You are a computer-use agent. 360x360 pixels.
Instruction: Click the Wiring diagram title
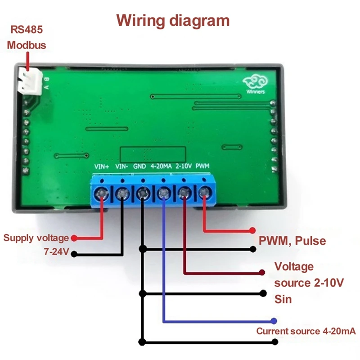click(173, 21)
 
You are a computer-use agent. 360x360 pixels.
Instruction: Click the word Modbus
click(27, 45)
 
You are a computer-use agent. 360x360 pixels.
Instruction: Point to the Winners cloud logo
click(254, 84)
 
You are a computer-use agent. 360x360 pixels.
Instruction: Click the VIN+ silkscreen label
click(102, 166)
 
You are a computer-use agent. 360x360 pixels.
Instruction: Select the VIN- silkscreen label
click(122, 166)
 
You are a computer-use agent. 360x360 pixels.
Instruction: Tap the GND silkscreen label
click(140, 166)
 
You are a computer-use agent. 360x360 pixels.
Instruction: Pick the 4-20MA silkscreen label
click(161, 166)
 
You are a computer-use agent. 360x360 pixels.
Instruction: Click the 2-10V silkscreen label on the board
click(184, 166)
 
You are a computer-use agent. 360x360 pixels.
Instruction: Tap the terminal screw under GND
click(143, 194)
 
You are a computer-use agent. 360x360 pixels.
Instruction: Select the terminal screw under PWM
click(205, 194)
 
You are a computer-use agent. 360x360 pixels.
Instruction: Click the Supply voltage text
click(36, 238)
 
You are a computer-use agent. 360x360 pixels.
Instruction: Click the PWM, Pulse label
click(292, 241)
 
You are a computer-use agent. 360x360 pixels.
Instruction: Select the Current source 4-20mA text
click(306, 332)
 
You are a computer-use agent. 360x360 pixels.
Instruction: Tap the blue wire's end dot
click(273, 321)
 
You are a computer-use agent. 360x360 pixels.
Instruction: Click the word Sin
click(283, 299)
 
